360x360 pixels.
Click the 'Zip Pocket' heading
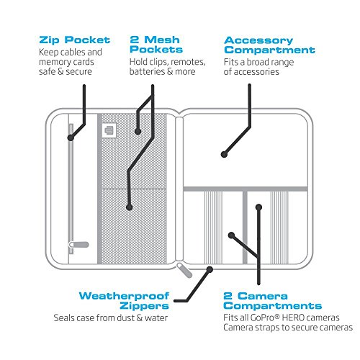point(75,40)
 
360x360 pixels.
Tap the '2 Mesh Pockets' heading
point(156,45)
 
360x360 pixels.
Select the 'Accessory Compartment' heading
point(269,45)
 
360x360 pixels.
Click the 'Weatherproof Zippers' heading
point(124,301)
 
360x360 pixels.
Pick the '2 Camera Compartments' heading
point(272,301)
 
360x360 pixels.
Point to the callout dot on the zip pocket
point(71,138)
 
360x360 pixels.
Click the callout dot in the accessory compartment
point(224,154)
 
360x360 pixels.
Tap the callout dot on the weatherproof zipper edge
point(210,269)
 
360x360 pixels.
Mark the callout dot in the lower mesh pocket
point(130,207)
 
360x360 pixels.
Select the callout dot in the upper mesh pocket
point(138,131)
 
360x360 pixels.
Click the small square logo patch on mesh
point(109,130)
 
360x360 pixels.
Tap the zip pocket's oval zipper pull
point(79,245)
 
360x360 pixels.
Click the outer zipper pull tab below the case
point(184,270)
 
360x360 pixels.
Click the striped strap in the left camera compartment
point(213,228)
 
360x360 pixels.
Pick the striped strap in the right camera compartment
point(279,228)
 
